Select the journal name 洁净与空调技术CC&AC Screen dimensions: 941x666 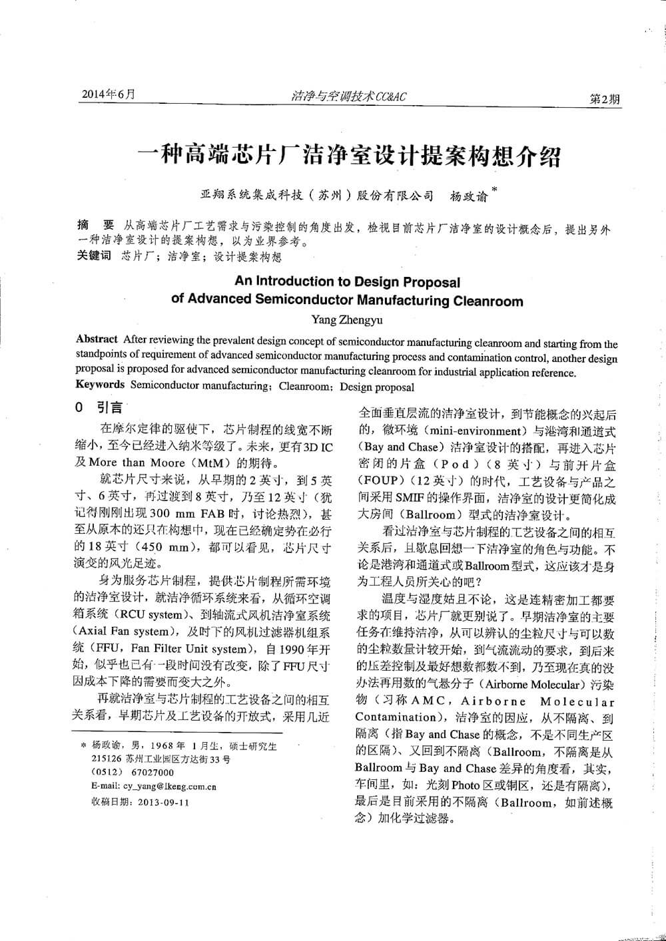click(348, 96)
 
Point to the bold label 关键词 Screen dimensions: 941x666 click(94, 256)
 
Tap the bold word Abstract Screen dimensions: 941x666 click(97, 339)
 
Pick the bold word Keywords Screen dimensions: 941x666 click(100, 384)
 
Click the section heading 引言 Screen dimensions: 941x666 click(111, 407)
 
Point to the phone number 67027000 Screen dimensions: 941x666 click(153, 772)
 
